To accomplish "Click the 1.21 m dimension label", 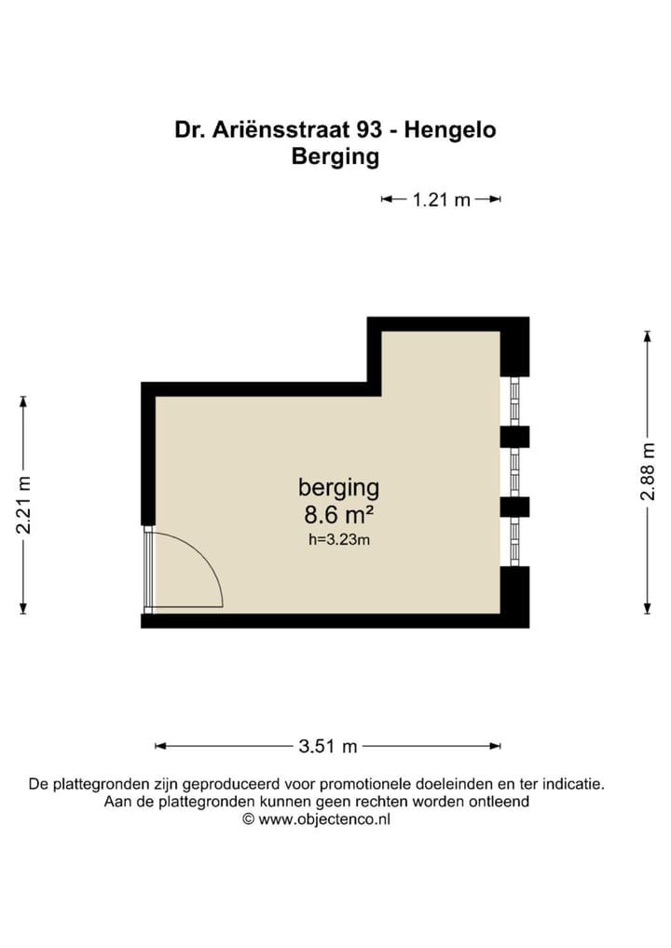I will click(x=442, y=199).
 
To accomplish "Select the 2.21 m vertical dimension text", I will click(x=24, y=505).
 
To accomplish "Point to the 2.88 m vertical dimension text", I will click(x=647, y=474).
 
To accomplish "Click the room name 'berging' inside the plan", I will click(x=338, y=486).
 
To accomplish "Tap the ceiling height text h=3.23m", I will click(x=338, y=539).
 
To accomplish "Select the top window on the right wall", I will click(x=514, y=401).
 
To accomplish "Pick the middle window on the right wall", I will click(x=514, y=472).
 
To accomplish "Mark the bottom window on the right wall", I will click(x=514, y=541).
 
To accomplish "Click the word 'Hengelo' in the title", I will click(x=451, y=130).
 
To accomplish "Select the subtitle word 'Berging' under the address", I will click(x=335, y=156).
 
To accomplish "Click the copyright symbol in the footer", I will click(x=248, y=819).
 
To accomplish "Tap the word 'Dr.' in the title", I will click(x=189, y=130).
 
